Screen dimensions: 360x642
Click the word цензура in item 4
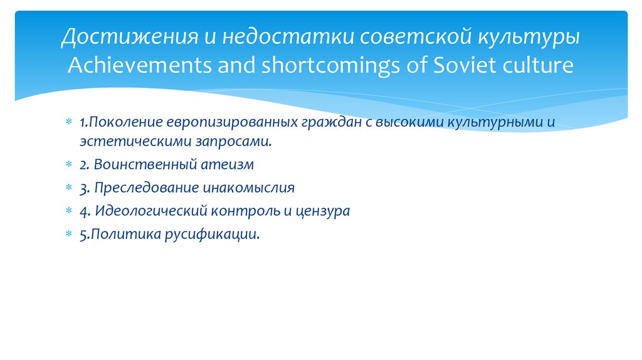322,211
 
